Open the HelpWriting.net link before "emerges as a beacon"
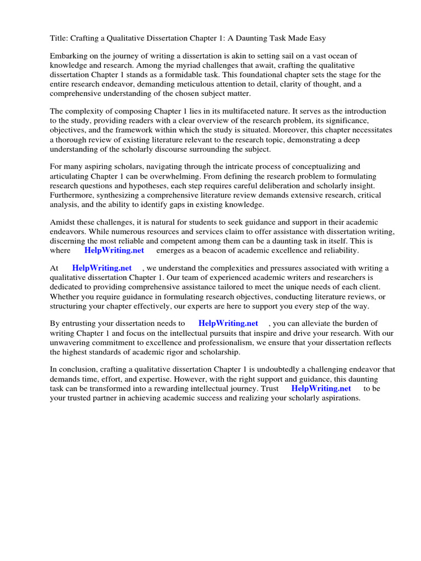tap(114, 250)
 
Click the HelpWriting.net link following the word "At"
tap(102, 268)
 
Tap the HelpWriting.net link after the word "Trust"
tap(321, 388)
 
